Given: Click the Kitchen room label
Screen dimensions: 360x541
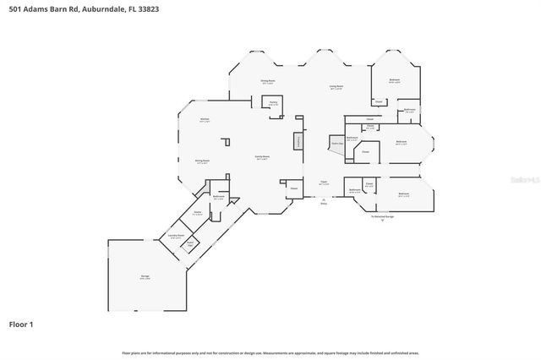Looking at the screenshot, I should tap(204, 120).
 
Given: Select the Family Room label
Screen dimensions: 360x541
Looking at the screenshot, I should tap(262, 157).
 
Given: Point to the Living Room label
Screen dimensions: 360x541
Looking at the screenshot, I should tap(336, 86).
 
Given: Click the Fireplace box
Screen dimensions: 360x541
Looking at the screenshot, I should tap(298, 142).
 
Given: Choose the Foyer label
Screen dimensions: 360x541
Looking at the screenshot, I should tap(323, 182).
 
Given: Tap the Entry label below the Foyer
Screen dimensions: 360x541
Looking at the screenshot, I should tap(323, 203).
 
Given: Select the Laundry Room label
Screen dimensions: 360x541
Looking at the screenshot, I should tap(177, 236).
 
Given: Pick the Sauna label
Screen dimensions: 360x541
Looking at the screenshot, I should tap(197, 213).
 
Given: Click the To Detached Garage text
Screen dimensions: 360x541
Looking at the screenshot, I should tap(381, 217).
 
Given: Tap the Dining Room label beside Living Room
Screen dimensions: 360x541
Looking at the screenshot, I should tap(267, 82).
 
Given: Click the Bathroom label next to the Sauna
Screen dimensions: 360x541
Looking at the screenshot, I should tap(219, 197).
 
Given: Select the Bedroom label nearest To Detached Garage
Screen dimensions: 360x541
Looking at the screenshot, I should tap(404, 194).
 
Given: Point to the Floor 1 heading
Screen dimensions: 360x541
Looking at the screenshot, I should tap(22, 324).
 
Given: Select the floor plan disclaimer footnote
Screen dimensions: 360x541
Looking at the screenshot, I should tap(270, 352).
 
